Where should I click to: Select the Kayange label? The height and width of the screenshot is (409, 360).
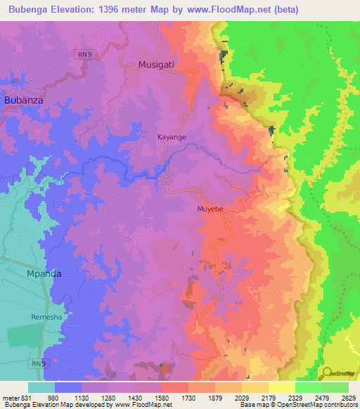[172, 137]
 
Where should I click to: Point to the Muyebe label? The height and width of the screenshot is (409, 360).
[211, 209]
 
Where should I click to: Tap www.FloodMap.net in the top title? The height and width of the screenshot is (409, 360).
[226, 10]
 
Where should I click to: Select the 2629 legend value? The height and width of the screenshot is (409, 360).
[347, 396]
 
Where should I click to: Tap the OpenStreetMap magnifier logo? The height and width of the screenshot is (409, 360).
[328, 372]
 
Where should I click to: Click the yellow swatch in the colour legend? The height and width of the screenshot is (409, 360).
[281, 387]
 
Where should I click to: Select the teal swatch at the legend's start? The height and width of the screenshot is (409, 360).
[41, 387]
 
